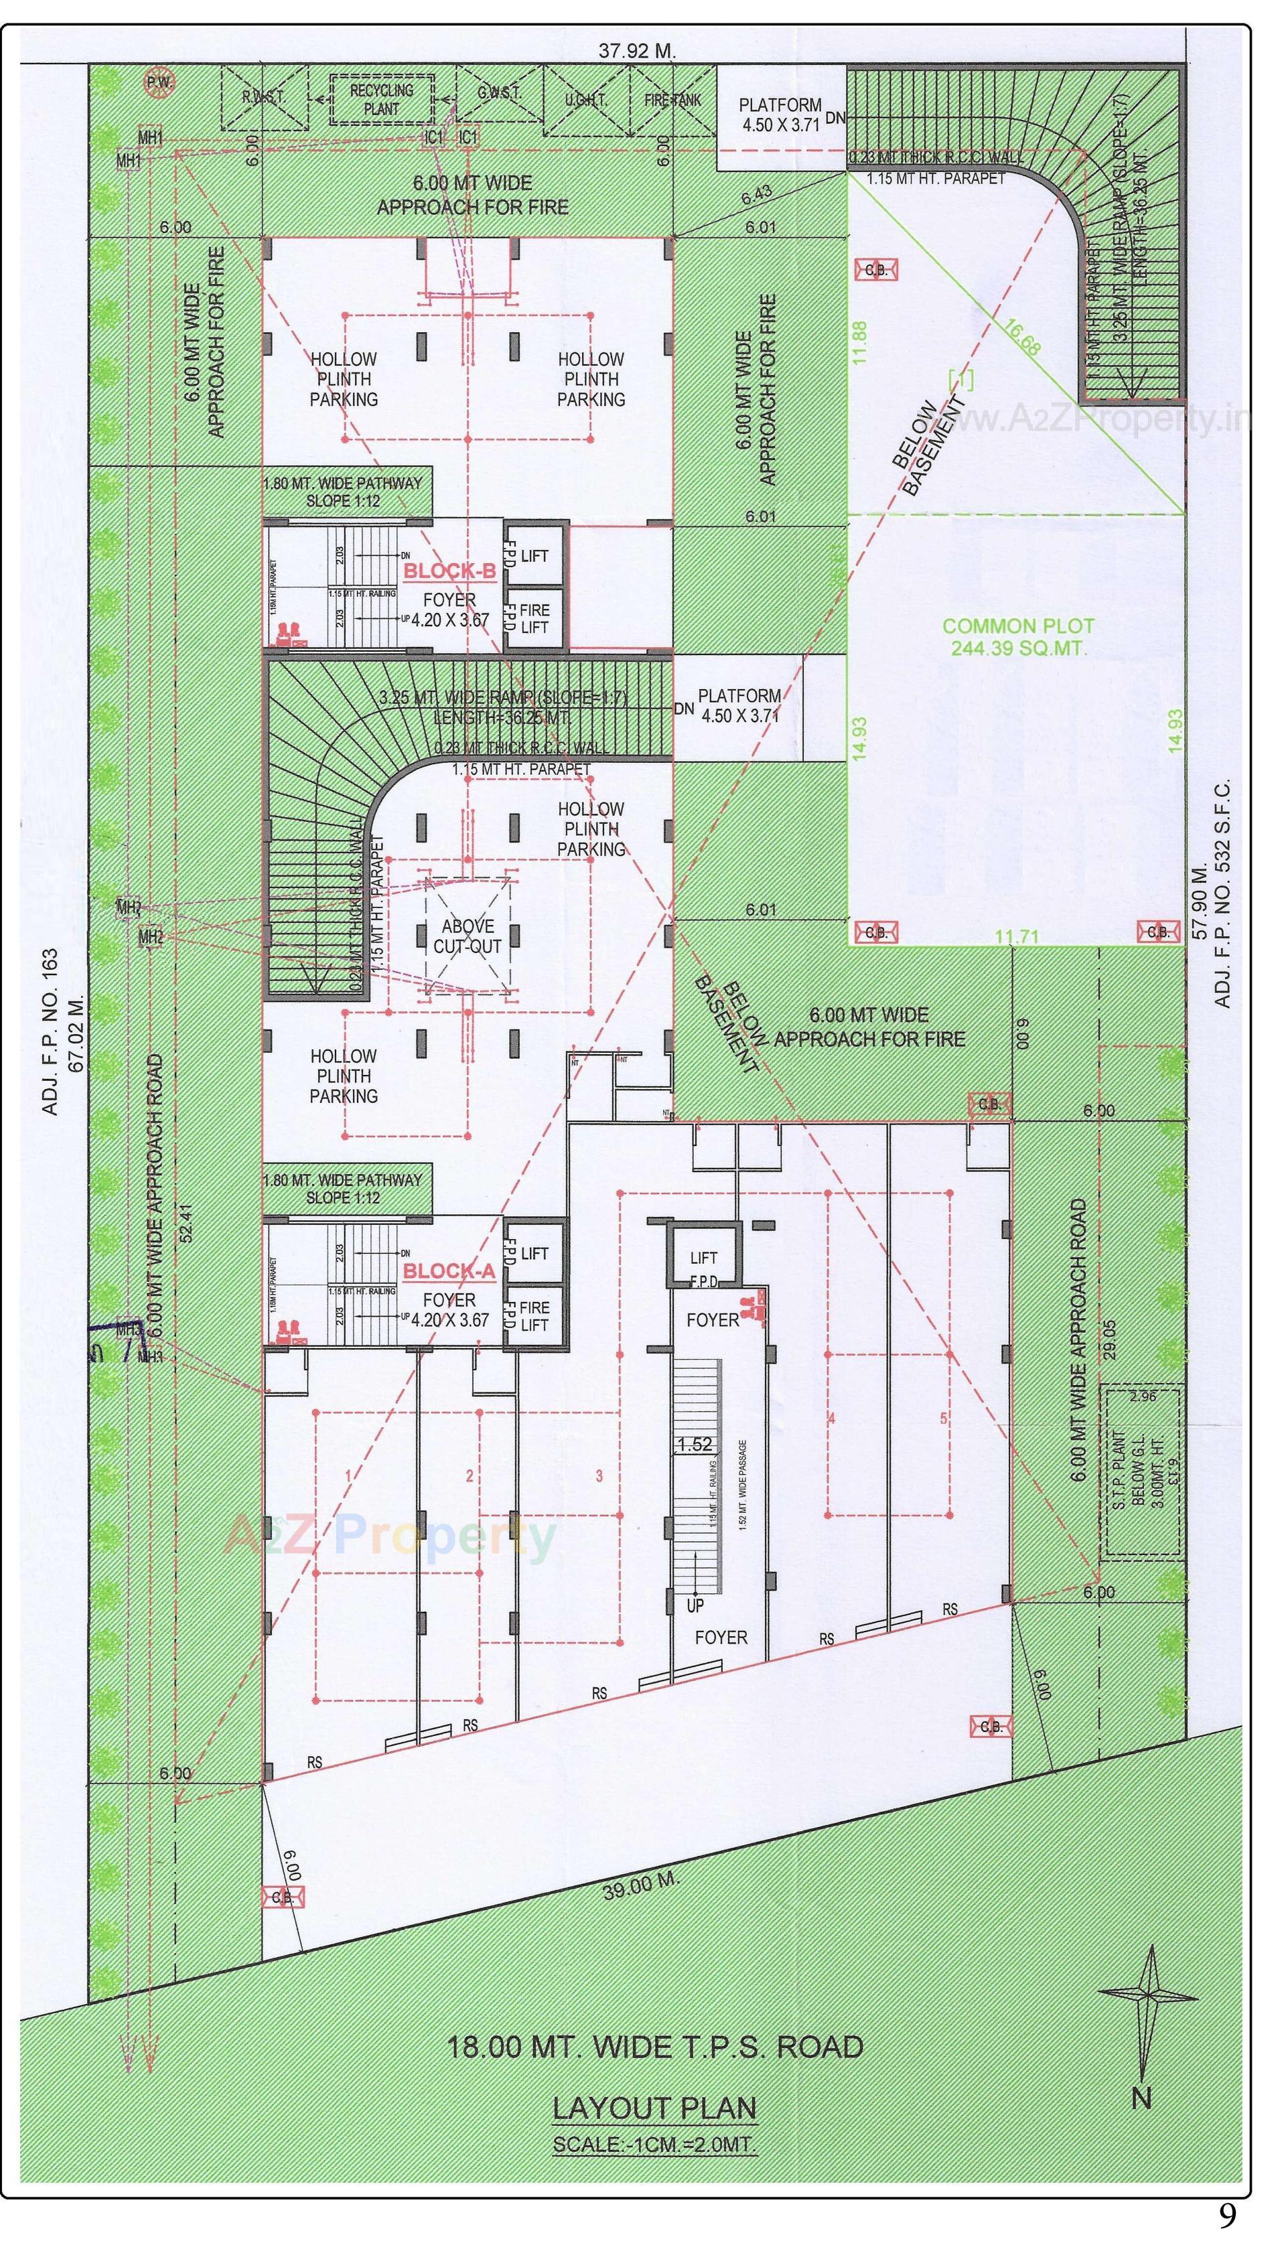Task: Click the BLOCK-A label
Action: coord(449,1271)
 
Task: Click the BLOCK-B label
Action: coord(449,572)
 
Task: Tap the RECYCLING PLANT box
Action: coord(382,100)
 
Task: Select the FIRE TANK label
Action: coord(672,100)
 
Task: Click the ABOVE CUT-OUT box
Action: coord(468,936)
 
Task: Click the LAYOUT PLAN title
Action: coord(654,2108)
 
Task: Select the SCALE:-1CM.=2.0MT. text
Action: coord(654,2145)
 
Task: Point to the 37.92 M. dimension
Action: coord(637,51)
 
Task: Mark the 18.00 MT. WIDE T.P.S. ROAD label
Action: coord(654,2047)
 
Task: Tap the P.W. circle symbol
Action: coord(160,83)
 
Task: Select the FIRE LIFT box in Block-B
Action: coord(534,618)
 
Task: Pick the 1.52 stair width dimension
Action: coord(694,1445)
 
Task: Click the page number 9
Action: coord(1227,2217)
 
